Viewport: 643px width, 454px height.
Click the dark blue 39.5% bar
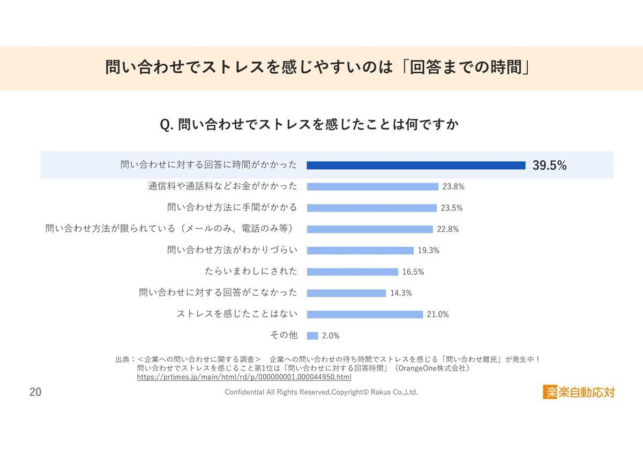click(416, 165)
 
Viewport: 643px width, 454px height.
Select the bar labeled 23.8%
click(372, 187)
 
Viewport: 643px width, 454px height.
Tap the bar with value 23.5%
click(372, 208)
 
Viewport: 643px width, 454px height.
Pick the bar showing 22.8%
click(370, 229)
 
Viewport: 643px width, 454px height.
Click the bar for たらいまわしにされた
click(352, 271)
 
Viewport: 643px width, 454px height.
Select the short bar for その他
click(312, 336)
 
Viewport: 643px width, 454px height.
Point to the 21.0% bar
click(365, 314)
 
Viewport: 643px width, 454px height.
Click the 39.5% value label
click(549, 165)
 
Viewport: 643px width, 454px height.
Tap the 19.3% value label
click(429, 251)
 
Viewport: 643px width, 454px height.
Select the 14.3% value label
click(401, 293)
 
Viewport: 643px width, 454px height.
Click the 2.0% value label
click(331, 336)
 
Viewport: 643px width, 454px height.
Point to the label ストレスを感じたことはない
click(237, 314)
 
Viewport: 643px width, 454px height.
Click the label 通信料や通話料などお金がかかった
click(222, 186)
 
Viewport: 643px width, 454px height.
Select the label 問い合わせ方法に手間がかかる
click(232, 208)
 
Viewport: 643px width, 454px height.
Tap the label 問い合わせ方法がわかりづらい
click(232, 250)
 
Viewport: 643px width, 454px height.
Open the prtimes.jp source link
click(244, 377)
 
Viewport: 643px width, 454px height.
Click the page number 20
click(35, 392)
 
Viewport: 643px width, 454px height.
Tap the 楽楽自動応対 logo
click(579, 392)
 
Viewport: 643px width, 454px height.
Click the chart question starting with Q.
click(309, 125)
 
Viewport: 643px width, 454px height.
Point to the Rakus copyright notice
click(321, 392)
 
